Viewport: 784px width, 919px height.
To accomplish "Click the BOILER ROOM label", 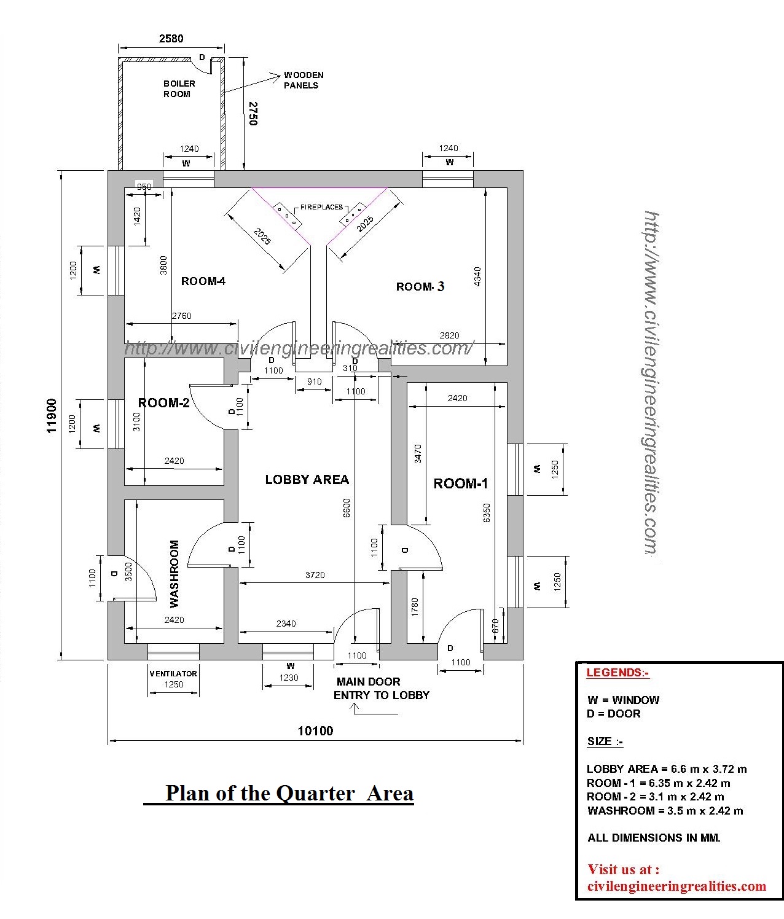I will click(x=179, y=88).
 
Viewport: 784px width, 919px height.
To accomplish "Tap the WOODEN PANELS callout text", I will click(x=303, y=80).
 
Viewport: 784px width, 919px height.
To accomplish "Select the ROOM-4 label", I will click(x=203, y=281).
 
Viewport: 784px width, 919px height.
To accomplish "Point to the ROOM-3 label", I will click(x=420, y=287).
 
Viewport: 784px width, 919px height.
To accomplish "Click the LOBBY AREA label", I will click(x=307, y=480).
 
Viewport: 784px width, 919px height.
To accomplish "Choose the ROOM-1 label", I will click(x=460, y=484).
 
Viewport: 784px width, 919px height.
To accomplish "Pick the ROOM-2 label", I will click(x=163, y=403).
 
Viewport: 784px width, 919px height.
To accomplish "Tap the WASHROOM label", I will click(x=174, y=573).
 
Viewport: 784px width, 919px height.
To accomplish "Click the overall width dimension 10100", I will click(x=315, y=731).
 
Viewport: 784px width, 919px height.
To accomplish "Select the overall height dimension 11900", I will click(x=52, y=416).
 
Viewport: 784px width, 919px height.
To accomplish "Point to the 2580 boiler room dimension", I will click(x=171, y=39).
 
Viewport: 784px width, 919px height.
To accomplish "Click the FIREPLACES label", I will click(x=321, y=208).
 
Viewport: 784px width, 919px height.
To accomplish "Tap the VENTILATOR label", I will click(x=173, y=673).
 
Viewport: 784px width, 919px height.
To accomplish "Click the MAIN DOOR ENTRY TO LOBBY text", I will click(x=381, y=689).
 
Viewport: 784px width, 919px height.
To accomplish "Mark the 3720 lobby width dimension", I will click(x=315, y=575).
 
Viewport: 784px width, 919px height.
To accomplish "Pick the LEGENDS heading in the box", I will click(x=617, y=673).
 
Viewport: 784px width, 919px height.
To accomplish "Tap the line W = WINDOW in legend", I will click(x=623, y=700).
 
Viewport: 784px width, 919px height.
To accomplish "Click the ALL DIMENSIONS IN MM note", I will click(x=654, y=837).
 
